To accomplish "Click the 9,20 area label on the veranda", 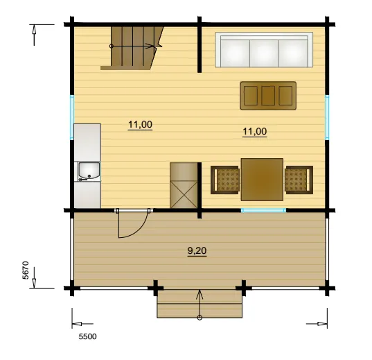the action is [197, 250].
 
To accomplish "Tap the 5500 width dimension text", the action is [87, 336].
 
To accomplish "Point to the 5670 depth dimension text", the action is [26, 271].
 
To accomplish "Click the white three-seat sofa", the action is [264, 50].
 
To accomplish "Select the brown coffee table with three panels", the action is [268, 96].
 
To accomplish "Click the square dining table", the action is [262, 180].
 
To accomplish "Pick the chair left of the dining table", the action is [224, 180].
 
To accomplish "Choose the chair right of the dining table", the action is [299, 180].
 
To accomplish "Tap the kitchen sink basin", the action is [89, 171].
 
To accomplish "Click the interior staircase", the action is [132, 49].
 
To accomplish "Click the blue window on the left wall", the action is [72, 117].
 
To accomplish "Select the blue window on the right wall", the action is [327, 117].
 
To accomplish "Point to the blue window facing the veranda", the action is [263, 210].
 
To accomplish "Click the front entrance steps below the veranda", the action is [200, 303].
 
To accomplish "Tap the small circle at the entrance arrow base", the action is [200, 318].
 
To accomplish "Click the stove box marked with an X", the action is [184, 185].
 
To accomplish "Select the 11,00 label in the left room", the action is [140, 125].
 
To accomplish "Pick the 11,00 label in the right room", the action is [255, 131].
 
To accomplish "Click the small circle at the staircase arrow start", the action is [112, 46].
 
